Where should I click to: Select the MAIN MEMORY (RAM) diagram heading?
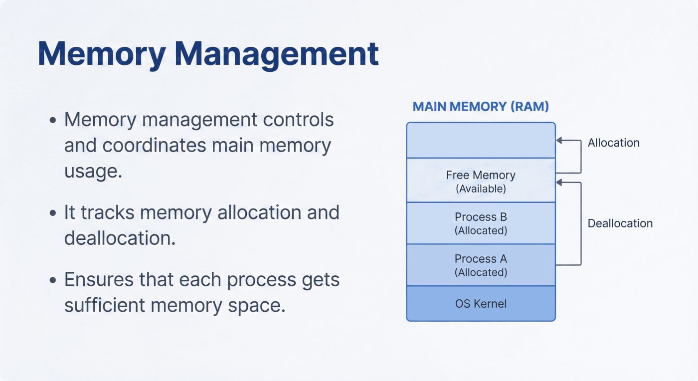(x=481, y=106)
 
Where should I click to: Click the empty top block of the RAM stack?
(x=481, y=140)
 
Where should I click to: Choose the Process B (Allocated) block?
(x=481, y=223)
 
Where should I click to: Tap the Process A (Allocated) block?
(x=481, y=265)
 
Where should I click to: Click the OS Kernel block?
(x=481, y=303)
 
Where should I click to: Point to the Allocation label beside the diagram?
(x=613, y=143)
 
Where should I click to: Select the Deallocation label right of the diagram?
(x=620, y=223)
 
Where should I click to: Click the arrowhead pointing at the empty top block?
(x=559, y=141)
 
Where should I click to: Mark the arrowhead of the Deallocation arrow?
(x=559, y=183)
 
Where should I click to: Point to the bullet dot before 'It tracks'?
(x=53, y=213)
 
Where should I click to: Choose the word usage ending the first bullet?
(x=93, y=171)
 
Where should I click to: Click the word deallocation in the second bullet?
(x=120, y=238)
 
